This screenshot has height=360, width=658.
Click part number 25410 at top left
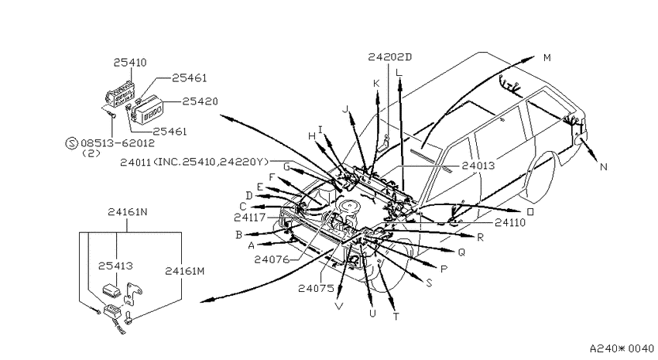130,63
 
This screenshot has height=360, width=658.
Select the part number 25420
200,101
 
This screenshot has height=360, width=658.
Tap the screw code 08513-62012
118,143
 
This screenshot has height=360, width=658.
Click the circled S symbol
72,143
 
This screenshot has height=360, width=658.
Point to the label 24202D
390,57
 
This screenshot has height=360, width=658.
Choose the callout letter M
547,57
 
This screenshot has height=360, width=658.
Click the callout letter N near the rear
604,167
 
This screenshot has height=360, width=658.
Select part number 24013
478,166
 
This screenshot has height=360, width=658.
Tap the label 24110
510,223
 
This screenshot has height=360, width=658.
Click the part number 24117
250,218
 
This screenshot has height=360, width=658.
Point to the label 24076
272,259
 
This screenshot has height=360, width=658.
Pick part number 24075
316,288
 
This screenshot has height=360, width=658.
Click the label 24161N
128,212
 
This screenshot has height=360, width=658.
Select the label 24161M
185,271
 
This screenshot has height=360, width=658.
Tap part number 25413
115,266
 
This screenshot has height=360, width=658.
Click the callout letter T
396,317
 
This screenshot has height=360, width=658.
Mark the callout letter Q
461,252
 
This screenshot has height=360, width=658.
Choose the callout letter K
376,84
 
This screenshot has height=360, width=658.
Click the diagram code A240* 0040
622,348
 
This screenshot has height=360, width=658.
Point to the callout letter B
238,235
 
